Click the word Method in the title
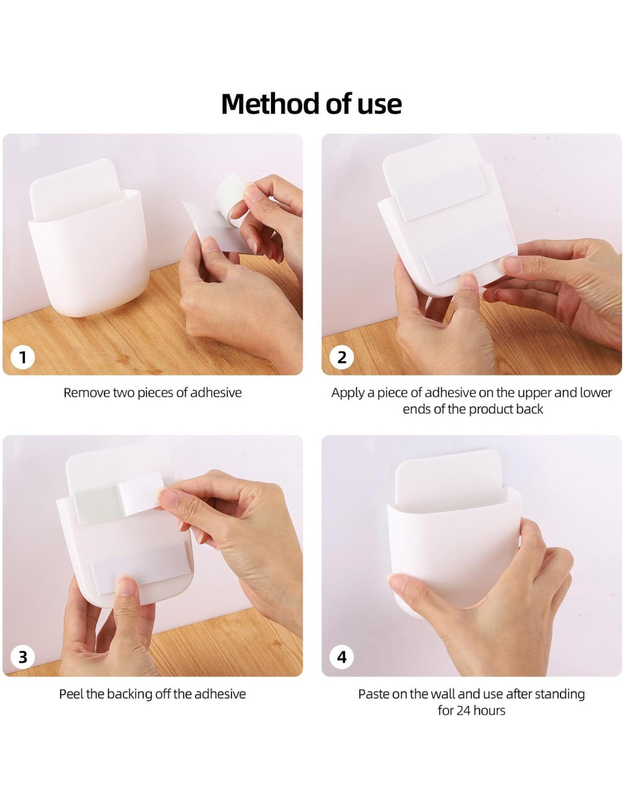pyautogui.click(x=271, y=104)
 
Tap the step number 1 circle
pyautogui.click(x=23, y=358)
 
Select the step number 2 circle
pyautogui.click(x=342, y=358)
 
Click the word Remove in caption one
pyautogui.click(x=86, y=393)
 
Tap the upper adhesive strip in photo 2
pyautogui.click(x=441, y=193)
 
